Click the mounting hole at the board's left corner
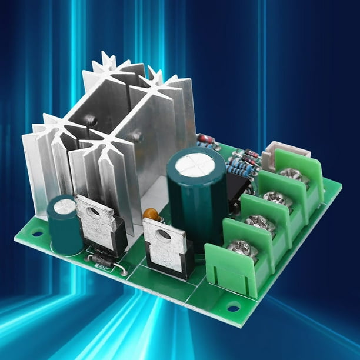(37, 233)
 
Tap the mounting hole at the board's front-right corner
(233, 307)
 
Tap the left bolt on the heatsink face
(92, 121)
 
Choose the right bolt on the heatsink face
(138, 136)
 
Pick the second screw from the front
(259, 222)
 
